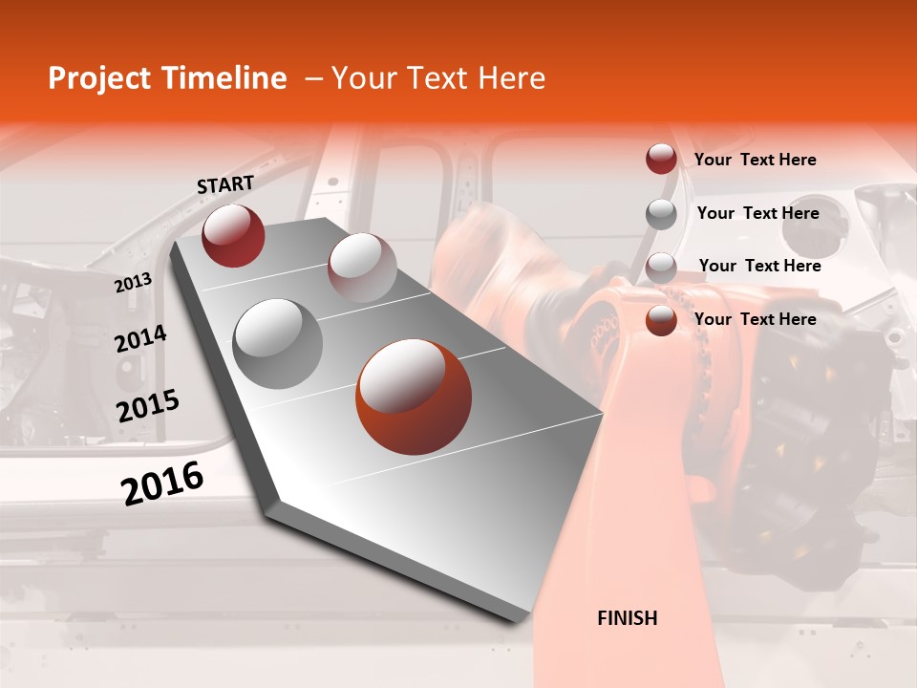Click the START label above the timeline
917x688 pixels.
225,184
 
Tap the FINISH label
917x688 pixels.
628,618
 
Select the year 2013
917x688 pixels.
133,283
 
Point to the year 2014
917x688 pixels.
140,338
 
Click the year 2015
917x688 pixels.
148,406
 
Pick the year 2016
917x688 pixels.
162,483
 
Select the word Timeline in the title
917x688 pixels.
225,78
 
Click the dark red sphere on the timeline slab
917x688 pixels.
233,235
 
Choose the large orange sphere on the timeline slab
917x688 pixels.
414,397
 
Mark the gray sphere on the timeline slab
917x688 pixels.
278,343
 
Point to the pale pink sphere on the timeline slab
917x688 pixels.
362,268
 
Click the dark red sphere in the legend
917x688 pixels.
661,159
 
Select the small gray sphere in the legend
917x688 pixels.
661,214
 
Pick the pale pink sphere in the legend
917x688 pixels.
661,268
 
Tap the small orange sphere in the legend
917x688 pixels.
661,321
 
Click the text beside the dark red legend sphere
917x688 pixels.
756,160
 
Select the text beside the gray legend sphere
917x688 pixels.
758,213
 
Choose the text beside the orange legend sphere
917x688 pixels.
756,319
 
